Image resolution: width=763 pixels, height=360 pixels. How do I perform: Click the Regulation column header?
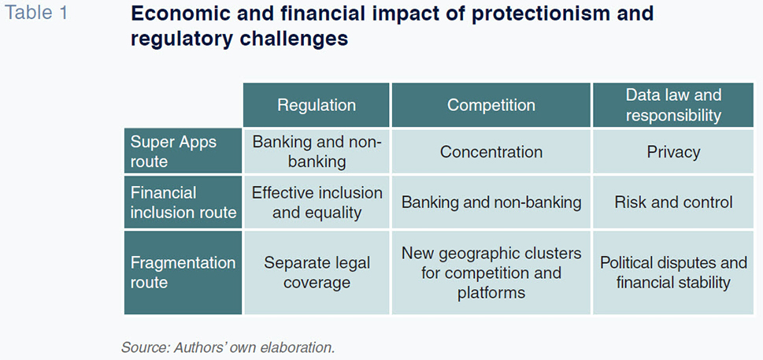(317, 105)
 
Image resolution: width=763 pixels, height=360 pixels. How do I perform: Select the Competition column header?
(491, 105)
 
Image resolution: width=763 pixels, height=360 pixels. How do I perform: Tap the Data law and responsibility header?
(673, 105)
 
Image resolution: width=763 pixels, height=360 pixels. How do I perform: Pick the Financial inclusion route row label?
(183, 202)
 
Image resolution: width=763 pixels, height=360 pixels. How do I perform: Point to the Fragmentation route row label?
(183, 273)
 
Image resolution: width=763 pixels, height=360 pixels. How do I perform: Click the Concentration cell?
(491, 152)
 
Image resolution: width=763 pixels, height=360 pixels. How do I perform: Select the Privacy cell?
(673, 152)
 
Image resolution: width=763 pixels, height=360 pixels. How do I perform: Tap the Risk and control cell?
(673, 202)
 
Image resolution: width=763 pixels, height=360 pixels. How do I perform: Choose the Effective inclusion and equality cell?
(317, 202)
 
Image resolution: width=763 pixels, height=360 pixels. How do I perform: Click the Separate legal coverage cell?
(317, 273)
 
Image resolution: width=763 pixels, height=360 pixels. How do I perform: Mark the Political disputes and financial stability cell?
(673, 273)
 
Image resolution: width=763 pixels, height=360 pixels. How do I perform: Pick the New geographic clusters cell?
(491, 273)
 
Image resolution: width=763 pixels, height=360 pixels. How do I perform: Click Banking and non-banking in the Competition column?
(491, 202)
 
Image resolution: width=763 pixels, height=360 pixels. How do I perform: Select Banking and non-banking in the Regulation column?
(317, 152)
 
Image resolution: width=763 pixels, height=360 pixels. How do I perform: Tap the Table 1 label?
(36, 13)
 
